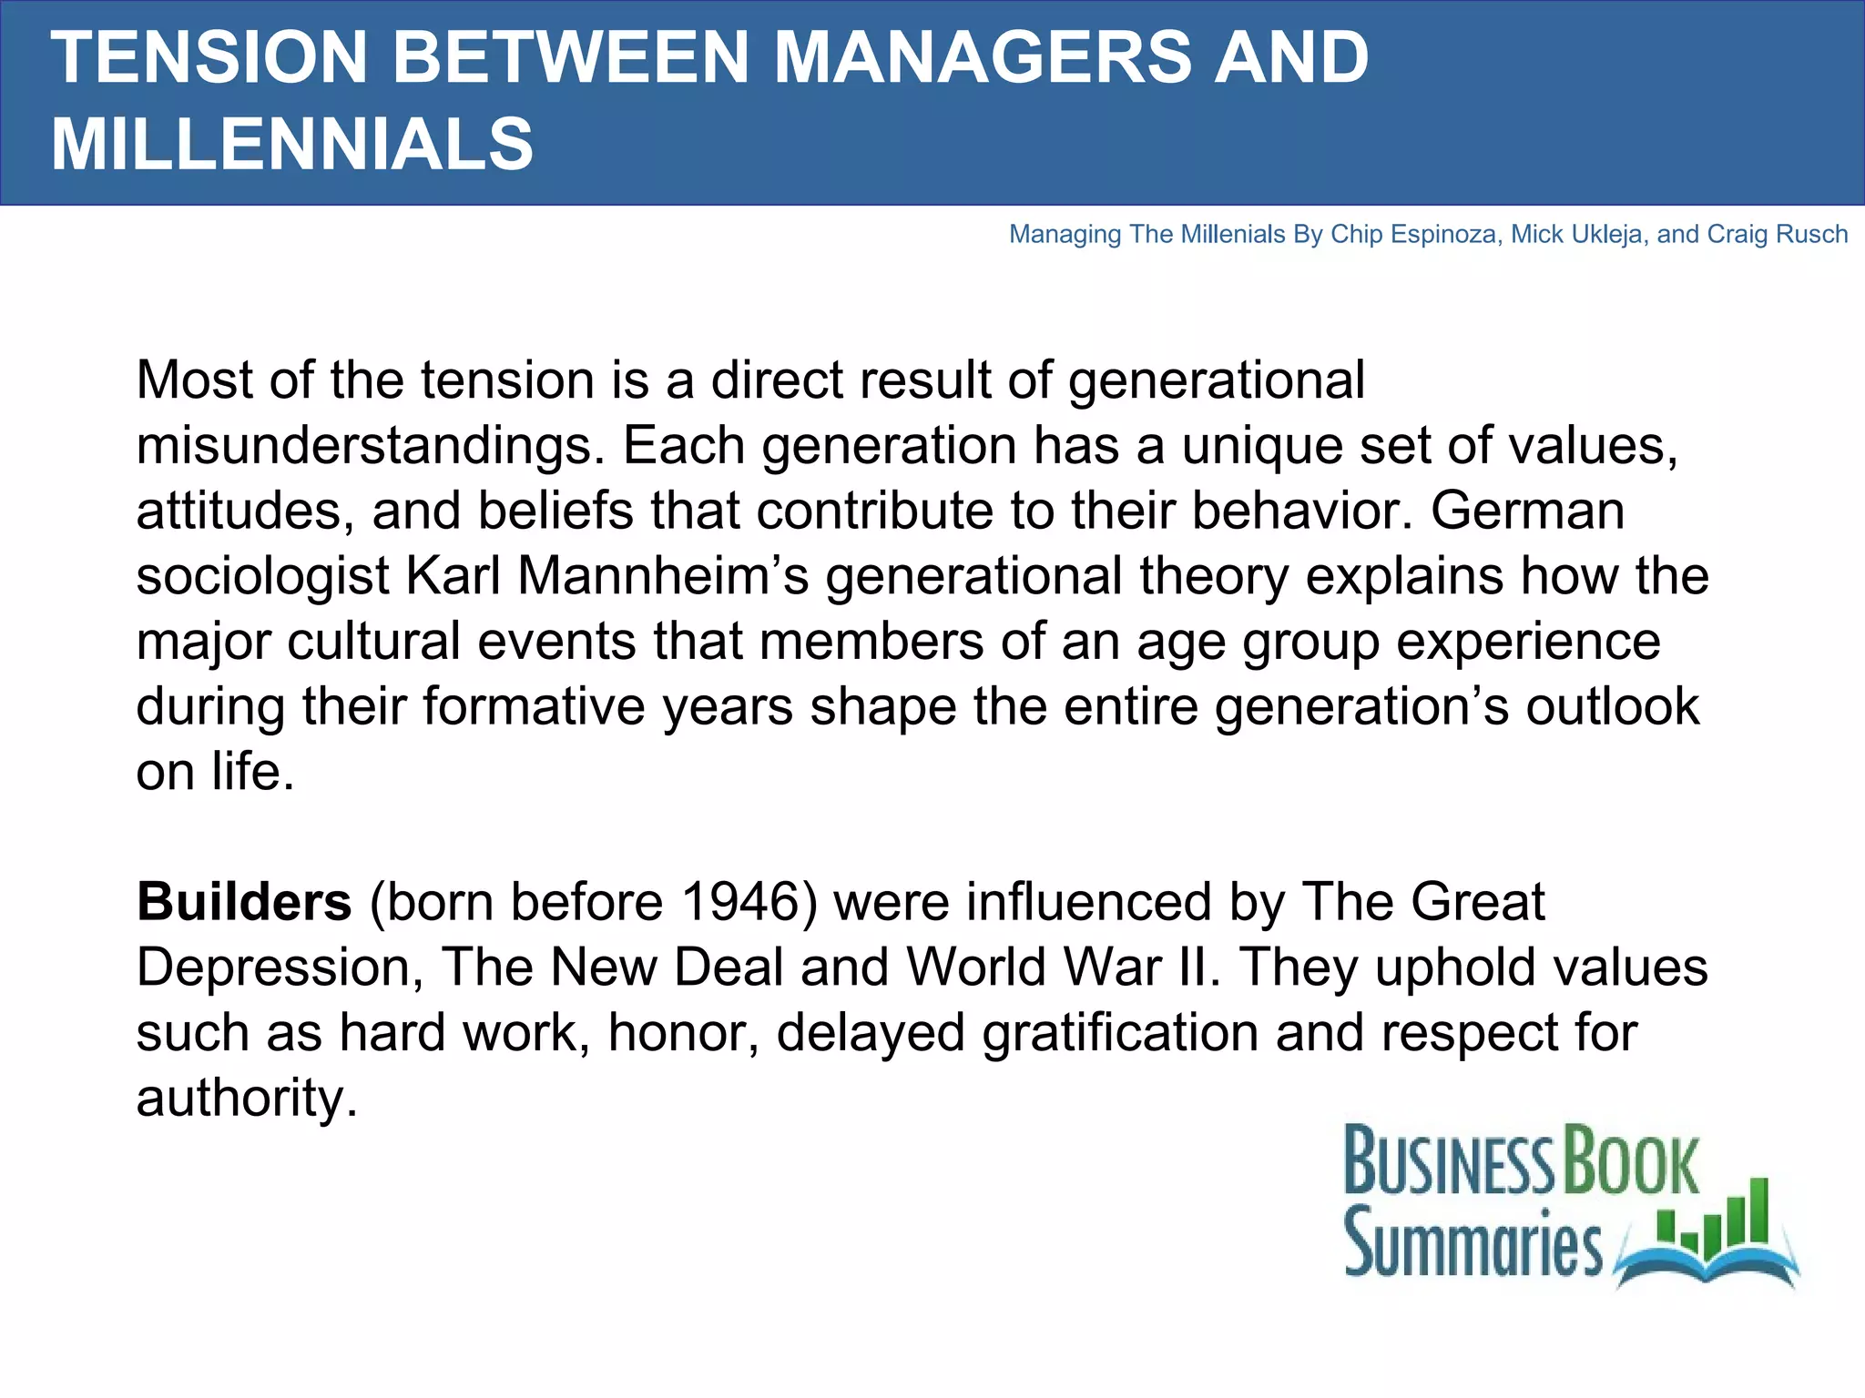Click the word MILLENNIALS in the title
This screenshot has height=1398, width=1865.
tap(292, 144)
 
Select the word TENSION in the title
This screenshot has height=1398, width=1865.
tap(209, 57)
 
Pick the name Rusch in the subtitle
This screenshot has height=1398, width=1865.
tap(1812, 235)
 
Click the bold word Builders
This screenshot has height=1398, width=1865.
tap(244, 902)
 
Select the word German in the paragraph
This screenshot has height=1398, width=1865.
tap(1527, 511)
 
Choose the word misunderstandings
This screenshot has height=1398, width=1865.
tap(370, 447)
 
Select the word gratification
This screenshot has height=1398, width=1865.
tap(1120, 1033)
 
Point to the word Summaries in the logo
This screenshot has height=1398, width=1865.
tap(1472, 1244)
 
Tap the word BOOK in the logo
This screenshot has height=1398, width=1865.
tap(1630, 1162)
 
